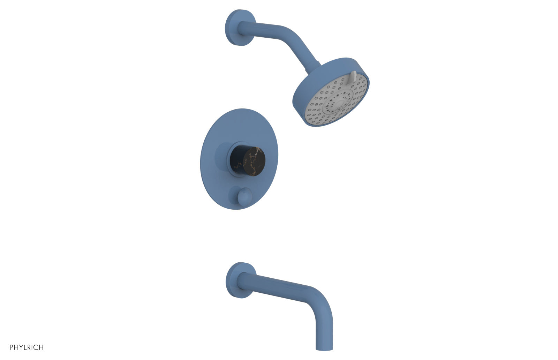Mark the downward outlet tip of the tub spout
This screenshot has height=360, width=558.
tap(324, 347)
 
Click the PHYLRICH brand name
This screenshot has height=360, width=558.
tap(27, 347)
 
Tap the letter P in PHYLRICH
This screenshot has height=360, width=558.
tap(12, 347)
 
